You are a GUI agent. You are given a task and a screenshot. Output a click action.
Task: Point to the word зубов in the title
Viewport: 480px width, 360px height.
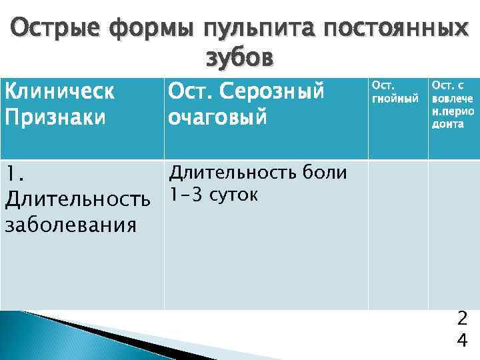point(239,59)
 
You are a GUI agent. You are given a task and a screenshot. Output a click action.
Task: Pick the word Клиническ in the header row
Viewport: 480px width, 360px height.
point(59,92)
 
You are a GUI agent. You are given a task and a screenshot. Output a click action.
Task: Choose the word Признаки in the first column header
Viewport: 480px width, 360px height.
point(55,117)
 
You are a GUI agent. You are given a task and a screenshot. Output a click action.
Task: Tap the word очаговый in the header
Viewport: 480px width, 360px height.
point(217,117)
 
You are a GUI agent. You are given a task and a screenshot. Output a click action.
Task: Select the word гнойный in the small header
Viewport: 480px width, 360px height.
point(395,99)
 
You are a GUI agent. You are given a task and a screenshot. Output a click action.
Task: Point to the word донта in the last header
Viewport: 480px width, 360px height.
point(447,124)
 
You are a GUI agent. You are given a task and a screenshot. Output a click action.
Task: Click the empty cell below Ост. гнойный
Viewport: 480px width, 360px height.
point(397,233)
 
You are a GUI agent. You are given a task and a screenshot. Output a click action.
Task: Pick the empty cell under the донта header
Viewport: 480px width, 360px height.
point(453,233)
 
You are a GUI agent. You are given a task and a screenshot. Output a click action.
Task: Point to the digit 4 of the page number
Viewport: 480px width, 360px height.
point(461,341)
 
